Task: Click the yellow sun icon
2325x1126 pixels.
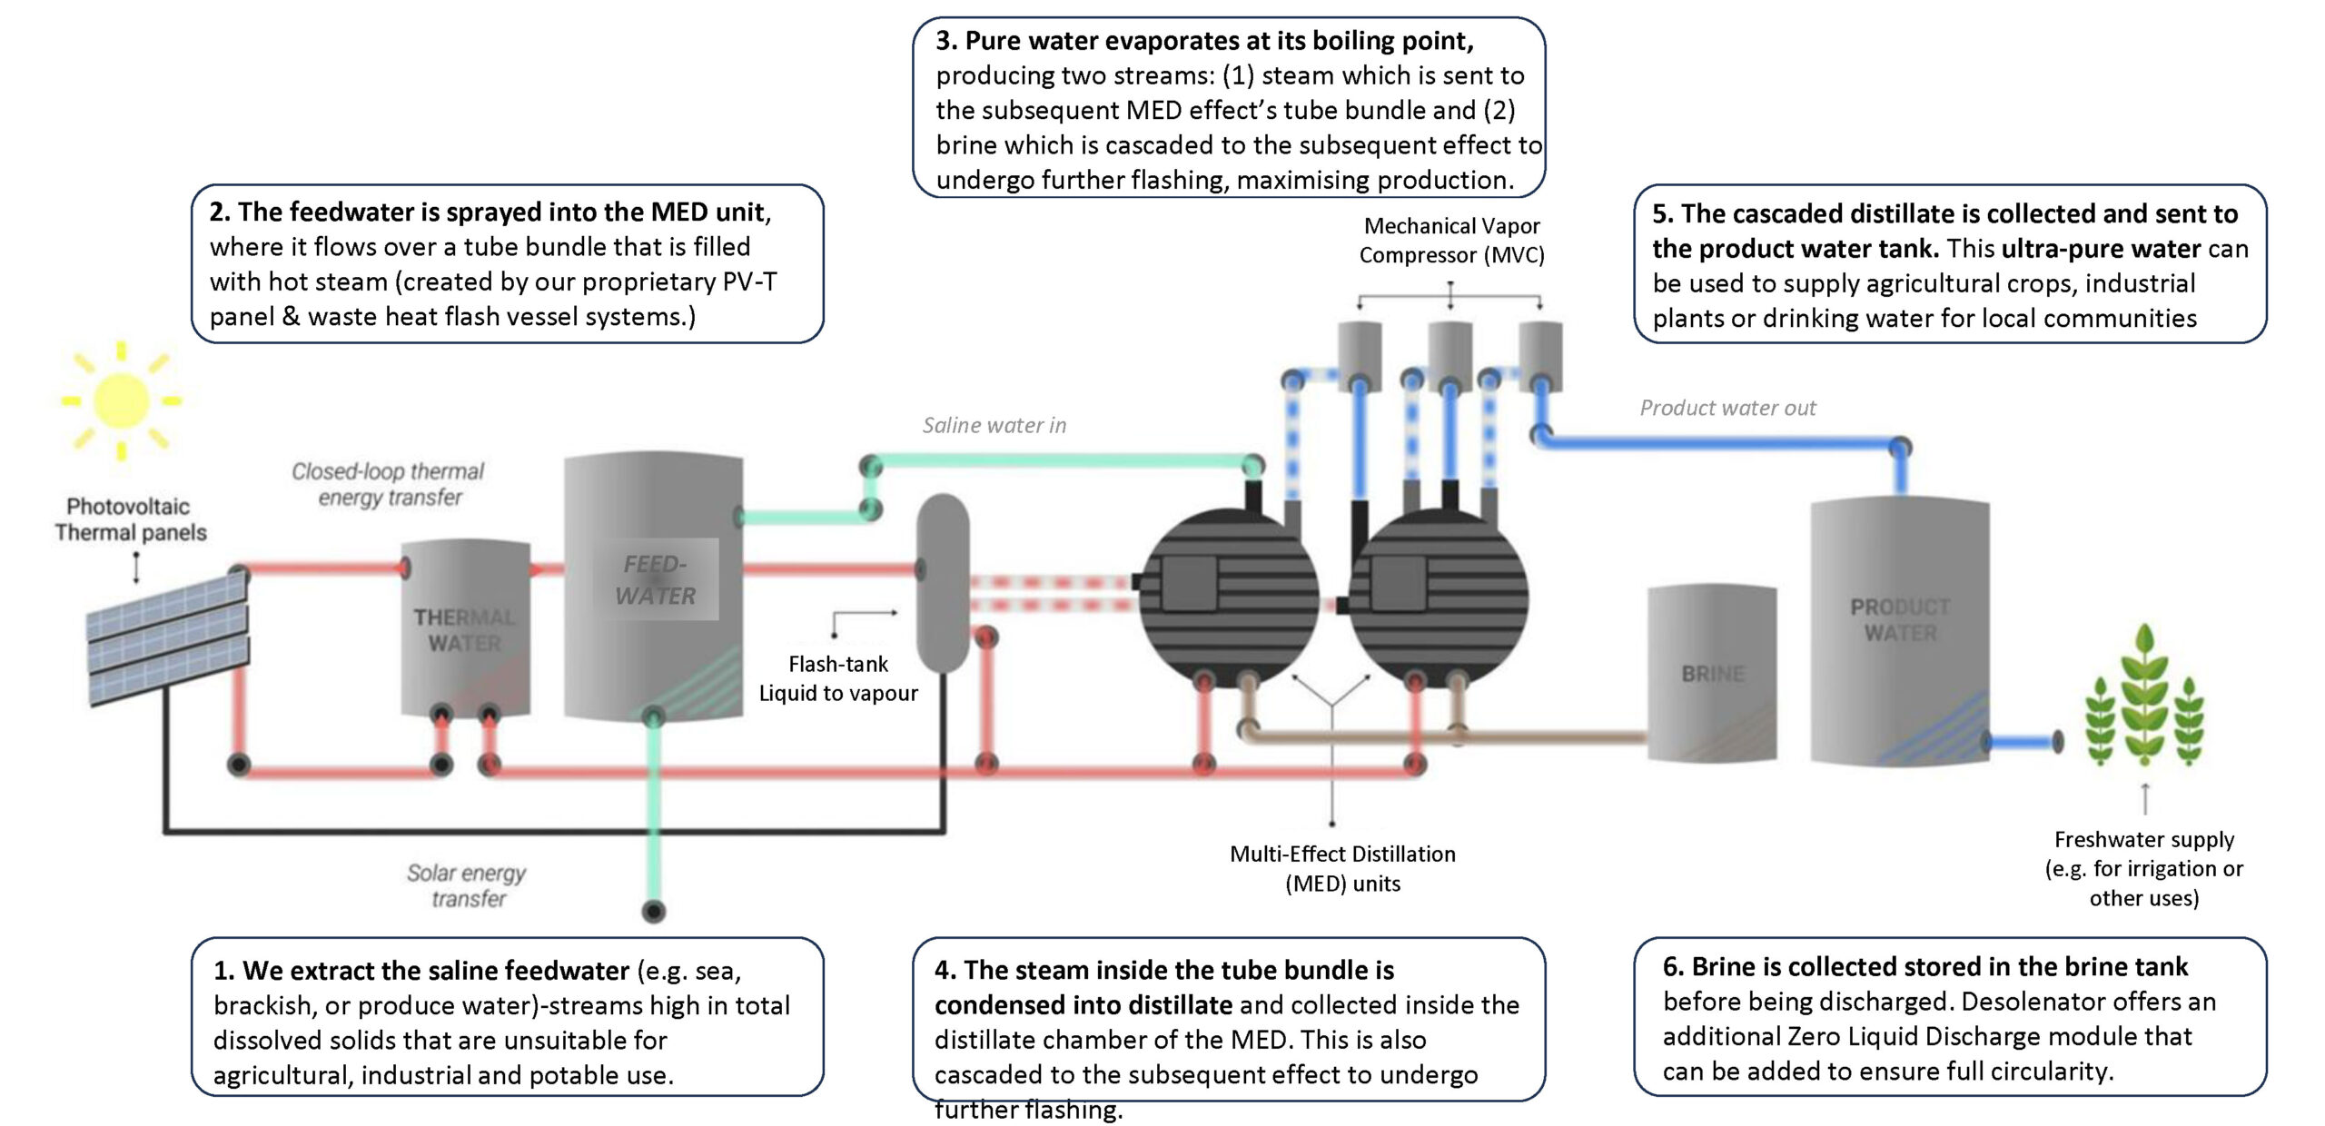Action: [x=121, y=400]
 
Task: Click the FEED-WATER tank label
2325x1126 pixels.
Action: [x=655, y=579]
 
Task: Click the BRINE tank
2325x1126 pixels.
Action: [x=1712, y=673]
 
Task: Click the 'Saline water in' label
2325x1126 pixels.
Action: [x=994, y=425]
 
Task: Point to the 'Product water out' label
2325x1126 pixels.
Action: [x=1727, y=408]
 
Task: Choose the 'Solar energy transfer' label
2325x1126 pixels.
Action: [x=467, y=885]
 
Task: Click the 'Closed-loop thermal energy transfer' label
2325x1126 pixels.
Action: [x=389, y=484]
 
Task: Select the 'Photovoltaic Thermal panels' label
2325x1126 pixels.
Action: [x=130, y=519]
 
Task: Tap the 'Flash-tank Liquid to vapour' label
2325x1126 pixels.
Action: [x=838, y=678]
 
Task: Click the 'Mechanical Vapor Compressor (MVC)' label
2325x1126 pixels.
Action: [x=1451, y=241]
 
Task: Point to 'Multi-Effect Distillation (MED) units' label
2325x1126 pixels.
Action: [x=1342, y=868]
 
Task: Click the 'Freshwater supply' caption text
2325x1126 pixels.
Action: [x=2144, y=839]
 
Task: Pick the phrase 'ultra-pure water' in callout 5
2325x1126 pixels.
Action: [x=2101, y=249]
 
